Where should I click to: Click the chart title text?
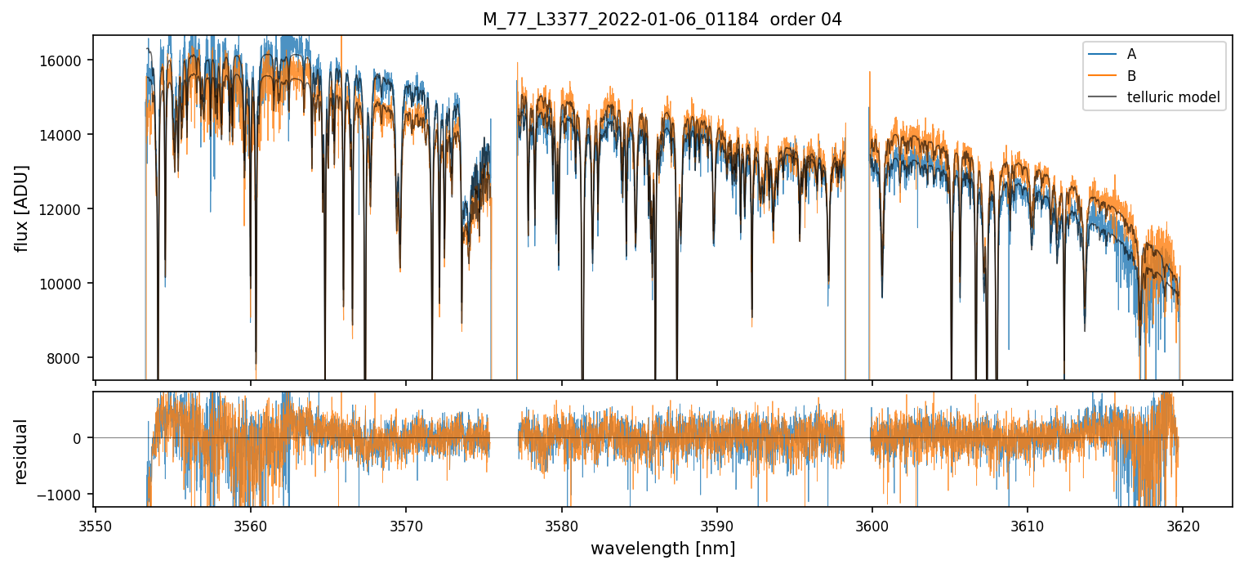(x=662, y=20)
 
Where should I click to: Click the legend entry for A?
(x=1131, y=54)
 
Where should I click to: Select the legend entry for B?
(x=1131, y=76)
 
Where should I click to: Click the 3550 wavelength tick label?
(x=96, y=525)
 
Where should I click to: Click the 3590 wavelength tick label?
(x=716, y=525)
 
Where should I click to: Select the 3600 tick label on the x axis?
(x=872, y=525)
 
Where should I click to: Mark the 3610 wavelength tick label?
(x=1027, y=525)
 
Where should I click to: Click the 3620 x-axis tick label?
(x=1182, y=525)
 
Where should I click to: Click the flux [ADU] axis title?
(x=22, y=208)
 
